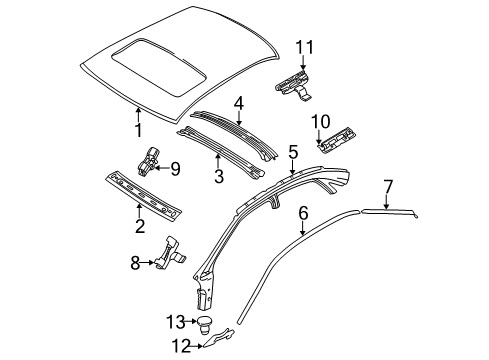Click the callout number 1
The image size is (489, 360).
click(139, 129)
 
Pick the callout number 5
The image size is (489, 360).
click(292, 151)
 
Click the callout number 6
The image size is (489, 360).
click(303, 212)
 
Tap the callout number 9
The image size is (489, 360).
click(174, 169)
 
